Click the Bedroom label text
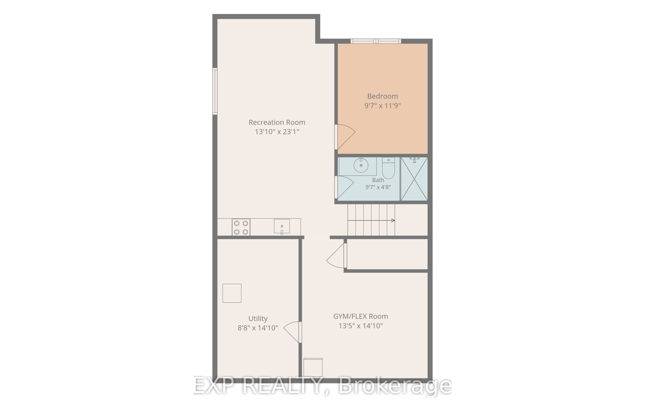(382, 96)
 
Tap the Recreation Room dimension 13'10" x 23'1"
(277, 132)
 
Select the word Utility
(258, 319)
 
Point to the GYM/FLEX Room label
(360, 316)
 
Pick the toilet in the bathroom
(388, 168)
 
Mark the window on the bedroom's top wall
(376, 41)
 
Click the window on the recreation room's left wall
(215, 91)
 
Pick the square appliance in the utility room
(232, 293)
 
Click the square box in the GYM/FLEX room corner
(313, 367)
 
